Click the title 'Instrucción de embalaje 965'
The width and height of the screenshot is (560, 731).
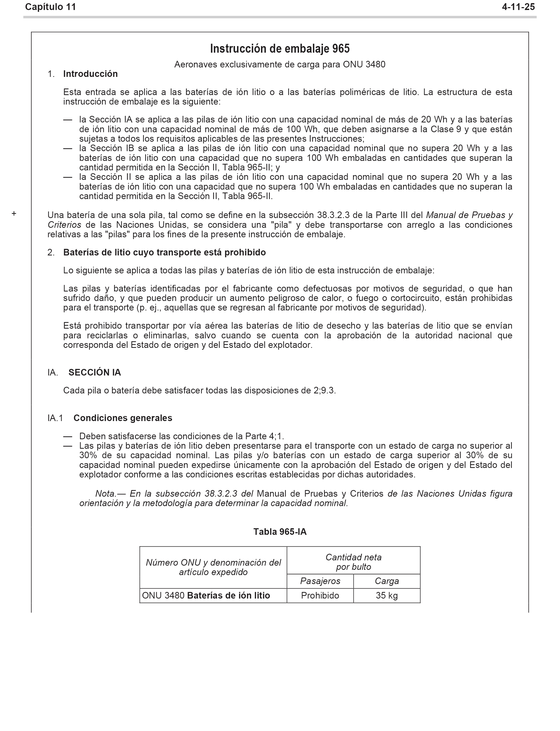point(280,49)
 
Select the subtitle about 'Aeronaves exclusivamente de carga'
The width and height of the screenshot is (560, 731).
point(280,64)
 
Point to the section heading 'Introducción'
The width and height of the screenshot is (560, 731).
point(90,74)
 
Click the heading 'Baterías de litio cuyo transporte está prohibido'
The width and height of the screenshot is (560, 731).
point(164,253)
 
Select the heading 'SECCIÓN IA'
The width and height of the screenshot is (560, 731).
point(95,373)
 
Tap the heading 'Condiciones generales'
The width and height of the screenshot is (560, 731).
point(123,418)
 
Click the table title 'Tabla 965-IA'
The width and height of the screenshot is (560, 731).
point(280,532)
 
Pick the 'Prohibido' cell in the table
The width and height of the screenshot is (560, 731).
point(320,596)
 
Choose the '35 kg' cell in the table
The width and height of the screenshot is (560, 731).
point(387,596)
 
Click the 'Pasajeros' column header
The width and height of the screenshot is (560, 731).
point(320,581)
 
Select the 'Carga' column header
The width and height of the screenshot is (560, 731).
point(387,581)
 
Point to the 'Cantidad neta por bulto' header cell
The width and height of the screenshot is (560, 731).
point(353,562)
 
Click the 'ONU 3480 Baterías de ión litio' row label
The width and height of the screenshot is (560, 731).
point(206,596)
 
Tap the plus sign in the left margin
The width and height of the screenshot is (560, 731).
point(14,214)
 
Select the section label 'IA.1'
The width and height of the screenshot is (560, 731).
point(55,418)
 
